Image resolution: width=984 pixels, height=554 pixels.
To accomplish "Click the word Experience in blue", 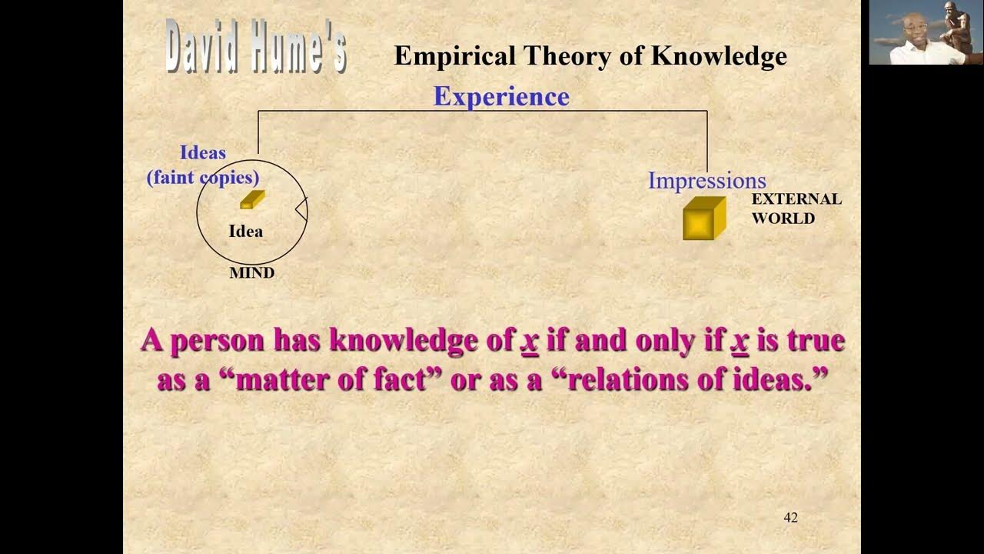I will pos(501,96).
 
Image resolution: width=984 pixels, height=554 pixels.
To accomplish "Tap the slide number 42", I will pos(790,518).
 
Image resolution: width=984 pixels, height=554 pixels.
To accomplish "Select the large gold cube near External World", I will pos(703,219).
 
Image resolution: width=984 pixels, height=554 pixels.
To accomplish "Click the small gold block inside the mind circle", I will pos(252,199).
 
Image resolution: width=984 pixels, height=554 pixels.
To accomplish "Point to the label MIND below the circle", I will pos(251,273).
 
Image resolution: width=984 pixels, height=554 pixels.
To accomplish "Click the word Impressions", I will pos(706,181).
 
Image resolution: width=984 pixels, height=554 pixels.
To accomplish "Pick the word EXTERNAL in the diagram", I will pos(796,199).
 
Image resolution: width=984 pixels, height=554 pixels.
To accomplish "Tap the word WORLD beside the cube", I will pos(783,219).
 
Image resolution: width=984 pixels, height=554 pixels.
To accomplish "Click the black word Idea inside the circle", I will pos(245,232).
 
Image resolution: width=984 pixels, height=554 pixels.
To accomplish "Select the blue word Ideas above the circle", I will pos(203,153).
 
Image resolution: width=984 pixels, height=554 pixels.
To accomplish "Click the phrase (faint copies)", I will pos(203,178).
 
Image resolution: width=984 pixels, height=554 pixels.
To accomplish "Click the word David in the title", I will pos(203,48).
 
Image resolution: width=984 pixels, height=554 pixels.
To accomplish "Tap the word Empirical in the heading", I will pos(454,56).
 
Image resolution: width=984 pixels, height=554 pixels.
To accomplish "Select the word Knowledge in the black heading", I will pos(719,56).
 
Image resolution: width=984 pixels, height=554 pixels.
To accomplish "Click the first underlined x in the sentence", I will pos(529,341).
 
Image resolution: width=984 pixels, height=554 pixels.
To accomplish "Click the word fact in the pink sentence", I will pos(399,380).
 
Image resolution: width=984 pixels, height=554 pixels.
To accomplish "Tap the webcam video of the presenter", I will pos(926,32).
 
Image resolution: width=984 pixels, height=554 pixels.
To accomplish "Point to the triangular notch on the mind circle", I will pos(301,209).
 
